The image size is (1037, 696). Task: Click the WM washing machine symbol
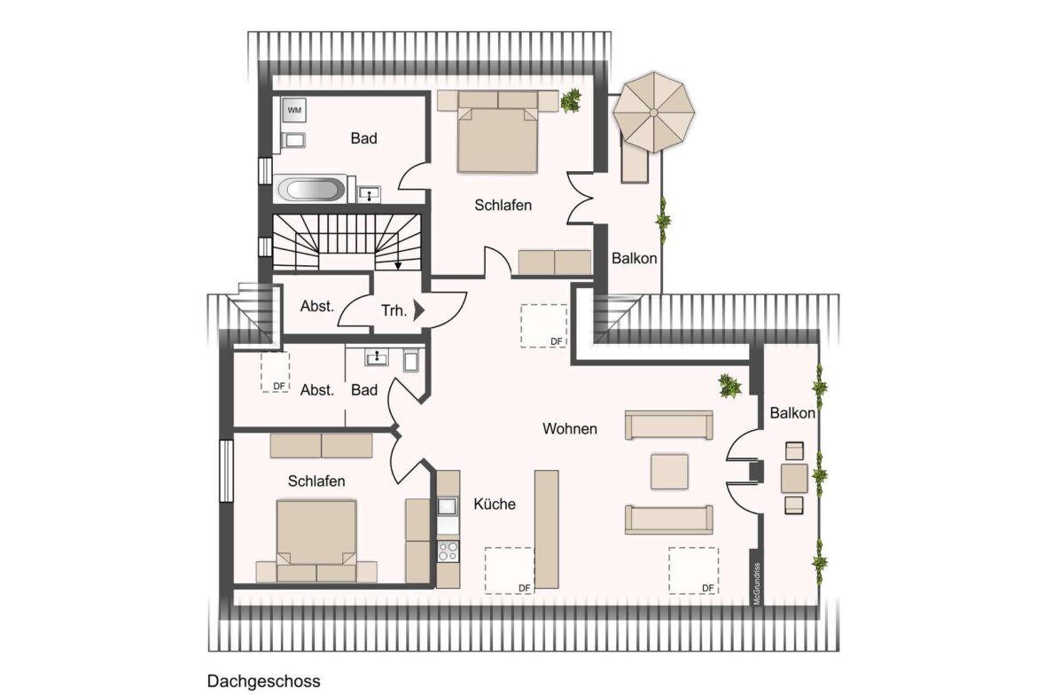[x=294, y=110]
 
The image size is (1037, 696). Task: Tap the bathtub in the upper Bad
[x=311, y=189]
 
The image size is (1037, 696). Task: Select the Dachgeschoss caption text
[x=264, y=682]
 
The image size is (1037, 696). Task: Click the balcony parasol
[x=653, y=113]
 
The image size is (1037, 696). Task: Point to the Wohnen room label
[x=569, y=429]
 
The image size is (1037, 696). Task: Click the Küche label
[x=495, y=504]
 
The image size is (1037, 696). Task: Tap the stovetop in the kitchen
[x=448, y=551]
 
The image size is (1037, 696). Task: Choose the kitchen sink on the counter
[x=448, y=506]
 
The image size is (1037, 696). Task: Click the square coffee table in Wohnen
[x=669, y=471]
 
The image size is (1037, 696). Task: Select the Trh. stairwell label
[x=394, y=310]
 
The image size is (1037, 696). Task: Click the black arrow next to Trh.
[x=418, y=309]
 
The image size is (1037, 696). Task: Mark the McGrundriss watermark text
[x=757, y=583]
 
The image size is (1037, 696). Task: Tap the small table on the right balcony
[x=794, y=479]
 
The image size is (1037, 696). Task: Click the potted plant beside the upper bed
[x=571, y=100]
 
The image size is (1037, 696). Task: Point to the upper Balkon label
[x=635, y=259]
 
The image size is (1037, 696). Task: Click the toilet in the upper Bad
[x=293, y=140]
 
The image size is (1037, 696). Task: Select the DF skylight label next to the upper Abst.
[x=279, y=387]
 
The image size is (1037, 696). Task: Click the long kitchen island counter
[x=546, y=529]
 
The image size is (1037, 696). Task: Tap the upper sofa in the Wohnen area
[x=668, y=425]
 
